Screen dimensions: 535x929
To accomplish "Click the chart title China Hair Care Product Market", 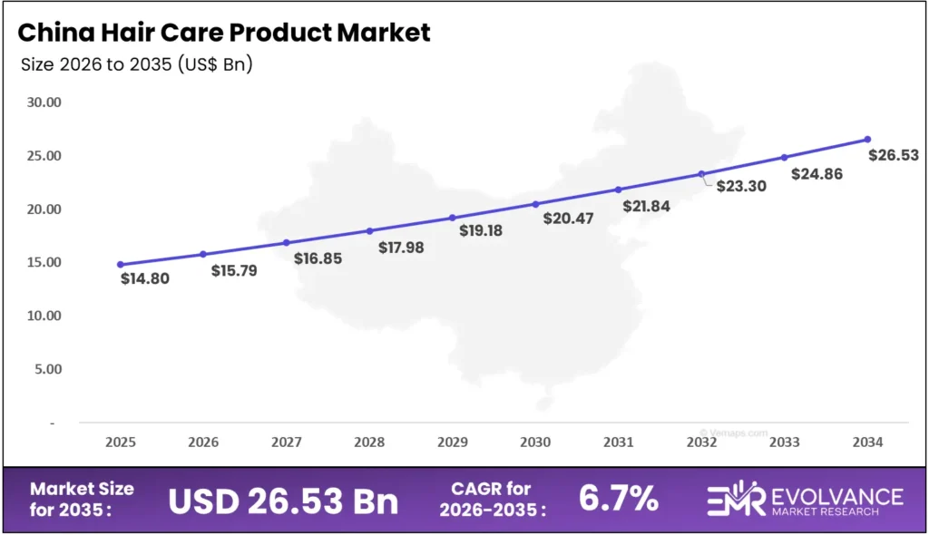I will [x=224, y=33].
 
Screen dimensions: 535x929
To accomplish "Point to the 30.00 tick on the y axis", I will [x=43, y=102].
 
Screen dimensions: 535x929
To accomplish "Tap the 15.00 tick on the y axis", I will [x=43, y=263].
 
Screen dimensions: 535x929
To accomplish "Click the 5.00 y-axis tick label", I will [x=45, y=370].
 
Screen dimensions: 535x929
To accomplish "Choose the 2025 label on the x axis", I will [x=121, y=442].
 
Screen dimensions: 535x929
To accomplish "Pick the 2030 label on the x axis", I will [x=535, y=442].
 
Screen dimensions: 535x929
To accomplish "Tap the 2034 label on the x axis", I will [x=867, y=442].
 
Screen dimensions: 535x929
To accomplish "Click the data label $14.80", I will [x=145, y=278].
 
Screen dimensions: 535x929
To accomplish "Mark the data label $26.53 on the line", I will [x=894, y=155].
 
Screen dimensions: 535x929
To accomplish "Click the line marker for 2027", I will [x=287, y=242].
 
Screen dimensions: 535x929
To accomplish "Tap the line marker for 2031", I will [x=619, y=190].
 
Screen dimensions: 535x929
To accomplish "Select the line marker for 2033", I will [x=785, y=157].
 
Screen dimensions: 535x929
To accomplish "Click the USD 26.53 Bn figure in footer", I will [x=284, y=500].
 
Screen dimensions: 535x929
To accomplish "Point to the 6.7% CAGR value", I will [x=618, y=499].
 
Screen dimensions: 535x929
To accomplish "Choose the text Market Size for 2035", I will [x=82, y=499].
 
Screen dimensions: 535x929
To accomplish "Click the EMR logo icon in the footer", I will [x=736, y=499].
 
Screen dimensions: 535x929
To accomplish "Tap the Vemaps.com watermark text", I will [x=734, y=433].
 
